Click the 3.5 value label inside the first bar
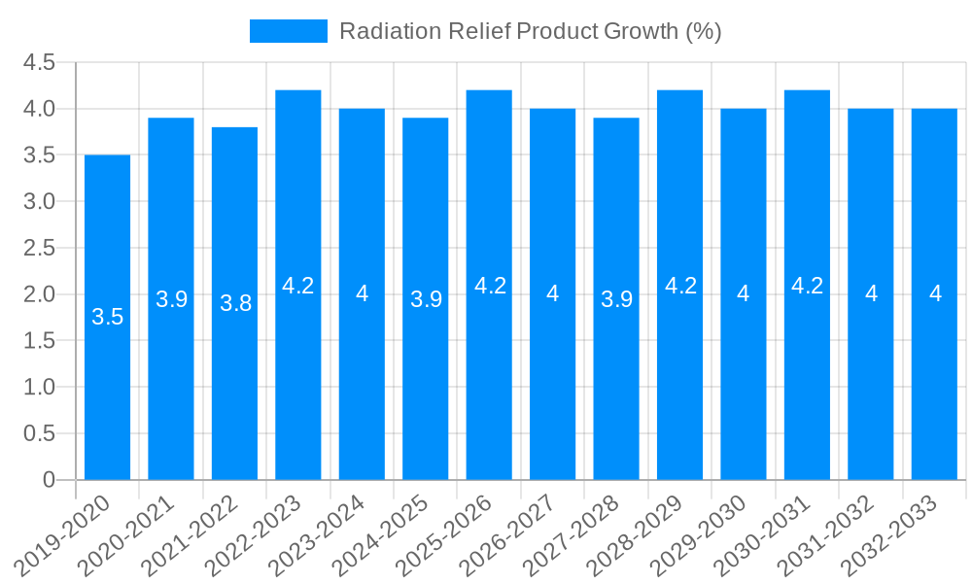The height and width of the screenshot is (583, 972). click(107, 317)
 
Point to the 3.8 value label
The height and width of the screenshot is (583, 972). click(235, 303)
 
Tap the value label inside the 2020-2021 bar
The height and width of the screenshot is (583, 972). click(171, 299)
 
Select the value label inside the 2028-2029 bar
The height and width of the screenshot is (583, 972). click(680, 286)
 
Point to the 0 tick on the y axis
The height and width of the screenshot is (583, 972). click(50, 480)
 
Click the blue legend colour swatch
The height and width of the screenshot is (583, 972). click(289, 31)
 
